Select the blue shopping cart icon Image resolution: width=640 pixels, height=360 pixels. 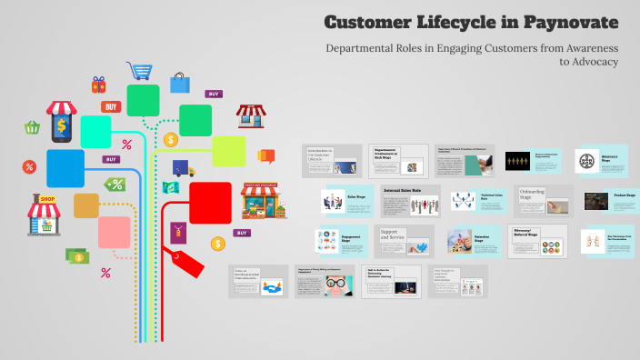click(140, 70)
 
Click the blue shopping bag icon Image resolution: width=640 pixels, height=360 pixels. click(180, 84)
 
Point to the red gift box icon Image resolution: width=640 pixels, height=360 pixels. click(98, 85)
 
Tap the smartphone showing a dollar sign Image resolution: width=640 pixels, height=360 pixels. click(61, 122)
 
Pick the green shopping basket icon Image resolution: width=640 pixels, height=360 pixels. click(33, 128)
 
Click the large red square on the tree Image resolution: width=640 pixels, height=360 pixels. click(210, 202)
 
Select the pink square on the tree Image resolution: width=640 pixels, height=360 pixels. click(115, 232)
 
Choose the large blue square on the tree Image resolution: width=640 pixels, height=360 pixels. click(65, 168)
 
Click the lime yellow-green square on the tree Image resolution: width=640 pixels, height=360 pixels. click(228, 151)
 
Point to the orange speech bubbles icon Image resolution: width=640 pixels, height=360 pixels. click(266, 155)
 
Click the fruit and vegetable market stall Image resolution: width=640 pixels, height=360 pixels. click(264, 202)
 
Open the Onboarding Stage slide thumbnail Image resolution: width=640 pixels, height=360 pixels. click(544, 201)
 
